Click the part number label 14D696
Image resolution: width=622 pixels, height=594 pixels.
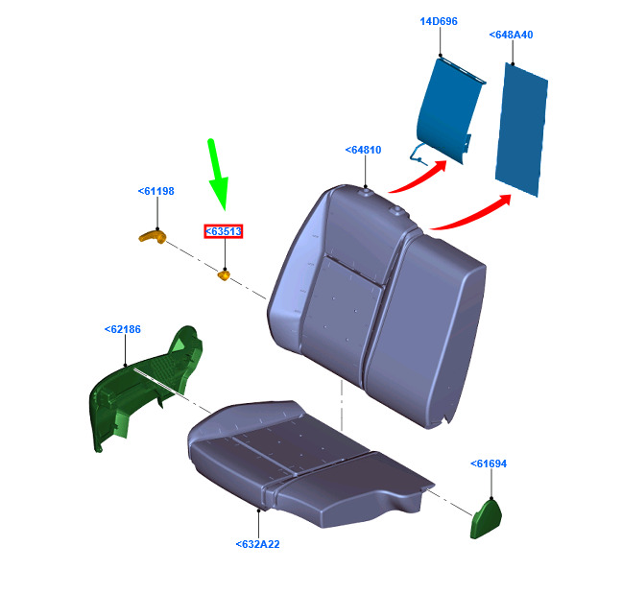click(439, 21)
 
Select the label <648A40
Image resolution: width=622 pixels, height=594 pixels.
click(511, 35)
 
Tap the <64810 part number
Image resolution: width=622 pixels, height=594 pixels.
click(363, 150)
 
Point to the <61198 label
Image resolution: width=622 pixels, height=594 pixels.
click(155, 191)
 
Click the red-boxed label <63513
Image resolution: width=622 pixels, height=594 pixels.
click(224, 231)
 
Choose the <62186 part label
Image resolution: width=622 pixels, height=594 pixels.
click(123, 329)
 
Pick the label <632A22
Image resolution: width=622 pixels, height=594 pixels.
click(258, 544)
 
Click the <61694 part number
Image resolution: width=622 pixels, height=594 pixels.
click(489, 463)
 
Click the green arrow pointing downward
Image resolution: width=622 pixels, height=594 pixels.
click(218, 175)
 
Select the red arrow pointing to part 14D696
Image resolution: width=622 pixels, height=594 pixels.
click(419, 178)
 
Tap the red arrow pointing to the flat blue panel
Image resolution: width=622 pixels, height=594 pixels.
click(471, 213)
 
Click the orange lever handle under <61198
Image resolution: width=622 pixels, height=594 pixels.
click(153, 237)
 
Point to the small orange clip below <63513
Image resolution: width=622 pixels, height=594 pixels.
click(224, 274)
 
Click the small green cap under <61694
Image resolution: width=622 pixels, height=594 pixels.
click(487, 518)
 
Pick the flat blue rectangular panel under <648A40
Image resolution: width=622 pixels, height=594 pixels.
click(521, 130)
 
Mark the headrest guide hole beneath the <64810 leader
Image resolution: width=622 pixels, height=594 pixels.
click(366, 192)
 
